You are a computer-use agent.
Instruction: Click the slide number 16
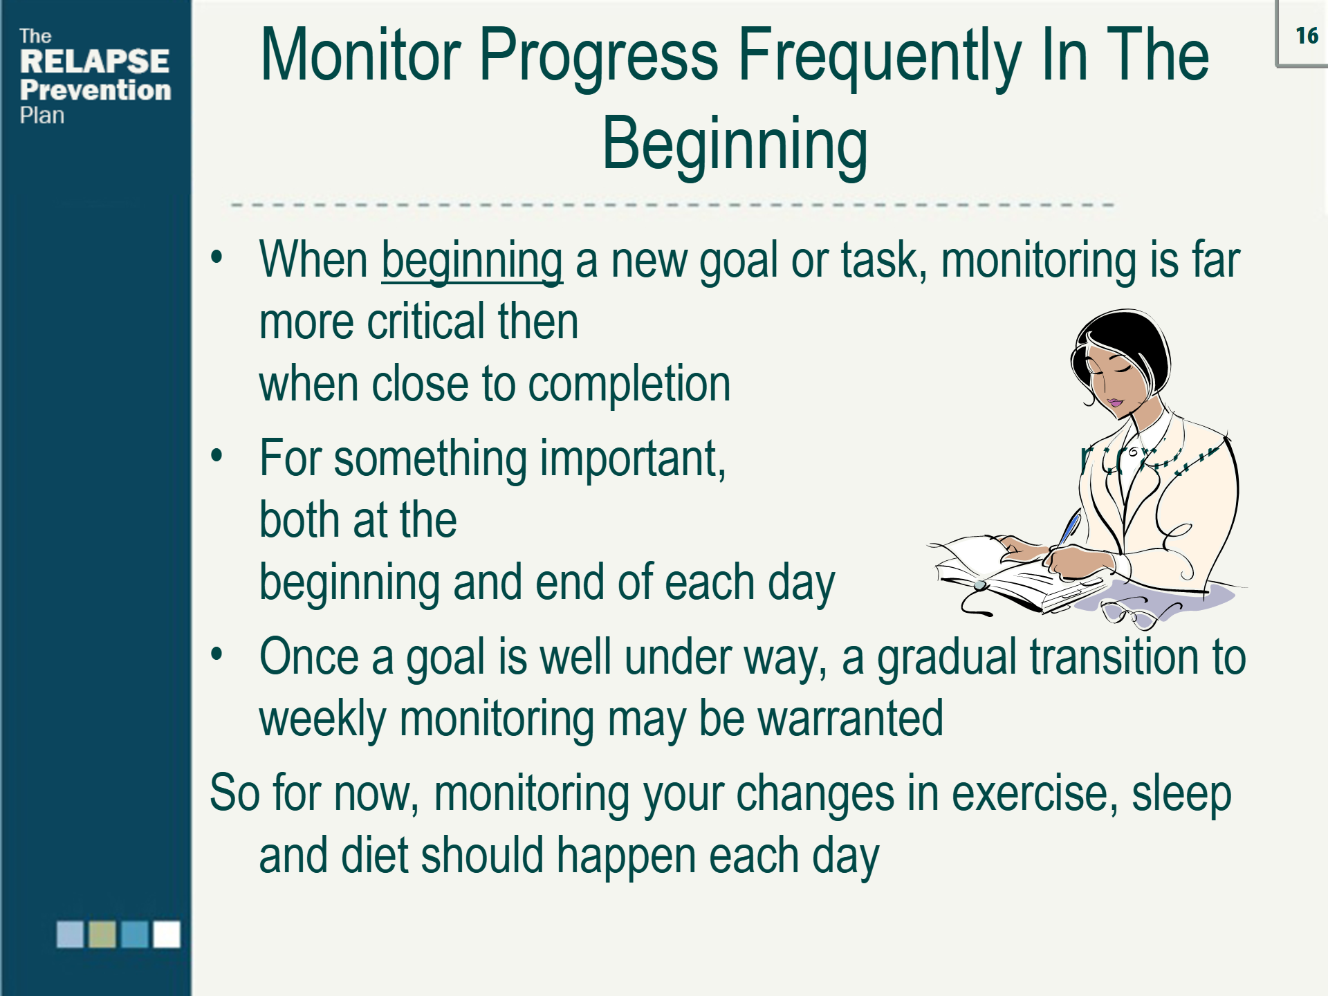[1306, 36]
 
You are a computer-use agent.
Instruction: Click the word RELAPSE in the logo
[94, 62]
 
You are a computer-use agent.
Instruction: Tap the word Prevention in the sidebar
[95, 91]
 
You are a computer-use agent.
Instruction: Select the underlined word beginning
[472, 261]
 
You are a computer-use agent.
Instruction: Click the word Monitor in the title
[360, 55]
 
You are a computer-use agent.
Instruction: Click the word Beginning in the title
[735, 144]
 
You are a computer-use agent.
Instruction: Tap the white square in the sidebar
[167, 934]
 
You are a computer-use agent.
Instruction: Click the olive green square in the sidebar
[102, 934]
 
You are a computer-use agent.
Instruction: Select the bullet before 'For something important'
[217, 456]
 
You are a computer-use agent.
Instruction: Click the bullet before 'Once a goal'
[217, 654]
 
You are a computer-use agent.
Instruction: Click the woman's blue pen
[1069, 529]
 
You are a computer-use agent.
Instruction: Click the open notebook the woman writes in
[1003, 571]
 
